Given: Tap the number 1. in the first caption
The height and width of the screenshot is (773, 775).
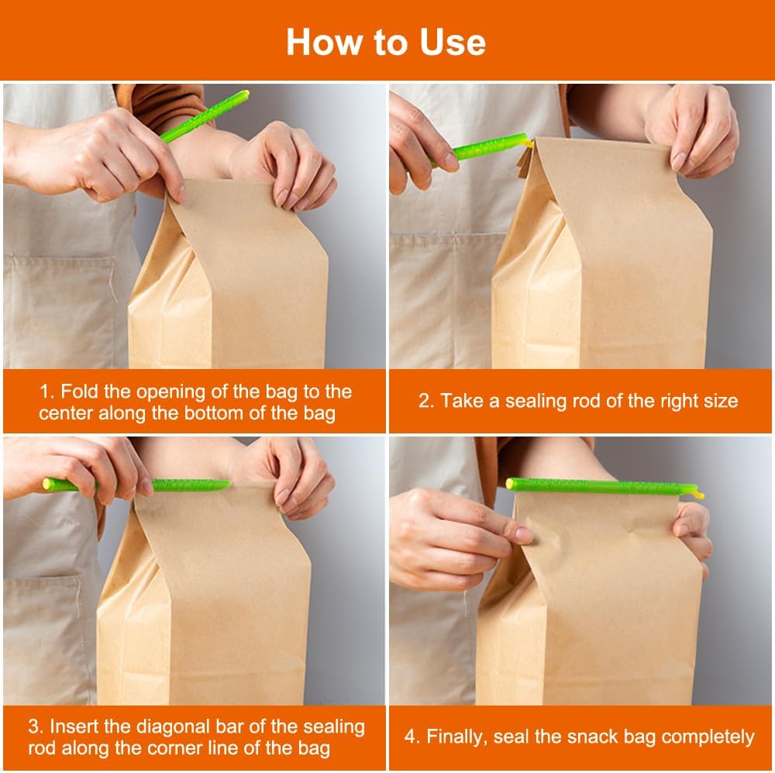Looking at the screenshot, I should coord(46,392).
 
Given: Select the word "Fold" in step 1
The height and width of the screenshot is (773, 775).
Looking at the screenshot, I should coord(80,392).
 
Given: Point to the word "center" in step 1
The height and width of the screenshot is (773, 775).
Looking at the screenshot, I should coord(66,413).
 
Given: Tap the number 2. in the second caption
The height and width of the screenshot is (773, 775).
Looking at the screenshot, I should coord(426,401).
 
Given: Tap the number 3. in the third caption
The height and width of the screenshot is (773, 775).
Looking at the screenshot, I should coord(36,726).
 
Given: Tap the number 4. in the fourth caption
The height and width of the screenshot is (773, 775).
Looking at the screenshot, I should coord(412,737).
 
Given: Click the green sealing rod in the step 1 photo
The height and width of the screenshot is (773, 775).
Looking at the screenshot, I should coord(205,116).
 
